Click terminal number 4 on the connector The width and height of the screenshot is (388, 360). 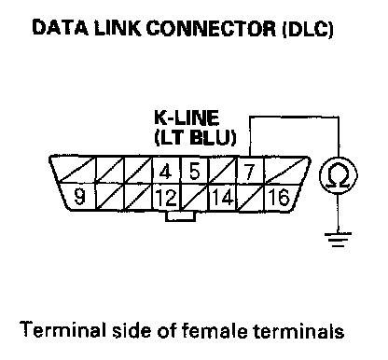(165, 172)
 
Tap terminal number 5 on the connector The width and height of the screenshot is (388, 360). (194, 171)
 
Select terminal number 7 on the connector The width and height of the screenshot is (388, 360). (249, 172)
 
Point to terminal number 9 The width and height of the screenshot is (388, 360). (79, 197)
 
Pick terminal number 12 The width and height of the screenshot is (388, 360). (167, 198)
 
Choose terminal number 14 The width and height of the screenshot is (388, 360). (223, 198)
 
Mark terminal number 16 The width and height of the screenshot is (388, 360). (279, 197)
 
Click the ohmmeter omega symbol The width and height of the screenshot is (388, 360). (339, 175)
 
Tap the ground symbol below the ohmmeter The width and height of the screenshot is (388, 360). (338, 239)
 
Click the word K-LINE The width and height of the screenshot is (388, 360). (187, 118)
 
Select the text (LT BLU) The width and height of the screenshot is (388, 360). (195, 137)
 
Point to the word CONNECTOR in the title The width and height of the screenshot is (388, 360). (211, 28)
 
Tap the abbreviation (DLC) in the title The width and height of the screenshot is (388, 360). (308, 29)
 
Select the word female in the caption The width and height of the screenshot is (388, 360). (215, 330)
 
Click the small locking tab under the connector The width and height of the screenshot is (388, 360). (180, 216)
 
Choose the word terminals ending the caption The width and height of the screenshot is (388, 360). (298, 330)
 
